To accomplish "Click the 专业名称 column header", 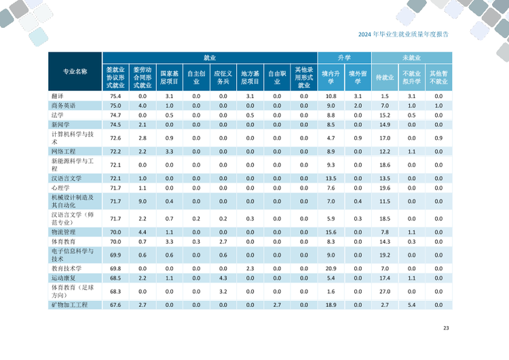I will (75, 71).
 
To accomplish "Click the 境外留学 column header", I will (358, 77).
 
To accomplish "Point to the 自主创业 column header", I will (196, 77).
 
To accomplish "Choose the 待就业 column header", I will (385, 77).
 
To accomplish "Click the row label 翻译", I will (58, 96).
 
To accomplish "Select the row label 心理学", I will (60, 187).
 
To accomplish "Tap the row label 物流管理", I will (63, 232).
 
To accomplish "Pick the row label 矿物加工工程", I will (69, 305).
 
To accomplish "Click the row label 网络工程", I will (63, 151).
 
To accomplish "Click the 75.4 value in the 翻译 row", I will (115, 96).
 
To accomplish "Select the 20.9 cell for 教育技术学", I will (331, 268).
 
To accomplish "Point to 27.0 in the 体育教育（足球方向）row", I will (385, 291).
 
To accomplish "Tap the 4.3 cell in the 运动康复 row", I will (223, 278).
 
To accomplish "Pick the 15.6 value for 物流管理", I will (331, 232).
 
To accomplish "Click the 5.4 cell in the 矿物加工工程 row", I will (411, 305).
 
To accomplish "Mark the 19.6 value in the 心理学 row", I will (385, 187).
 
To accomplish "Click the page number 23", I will (446, 329).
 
